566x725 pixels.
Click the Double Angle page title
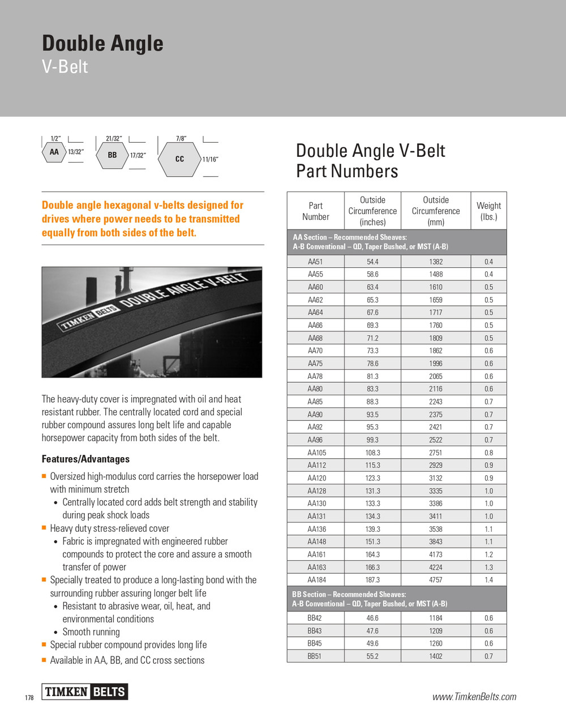[x=102, y=44]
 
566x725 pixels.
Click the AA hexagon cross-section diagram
[x=54, y=152]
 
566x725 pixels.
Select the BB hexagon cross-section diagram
[x=112, y=155]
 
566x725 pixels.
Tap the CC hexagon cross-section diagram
[x=179, y=159]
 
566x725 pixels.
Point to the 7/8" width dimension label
[x=181, y=138]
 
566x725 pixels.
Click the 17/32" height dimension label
[x=138, y=155]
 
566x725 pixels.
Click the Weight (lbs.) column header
[x=488, y=211]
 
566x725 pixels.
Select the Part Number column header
[x=315, y=211]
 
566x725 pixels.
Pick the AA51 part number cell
[x=315, y=262]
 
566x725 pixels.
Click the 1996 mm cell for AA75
[x=436, y=364]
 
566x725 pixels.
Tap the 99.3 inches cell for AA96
[x=372, y=440]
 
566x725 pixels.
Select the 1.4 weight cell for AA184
[x=488, y=580]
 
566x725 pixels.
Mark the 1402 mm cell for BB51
[x=436, y=656]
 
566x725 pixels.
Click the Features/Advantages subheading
[x=85, y=459]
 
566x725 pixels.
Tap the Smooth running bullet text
[x=91, y=632]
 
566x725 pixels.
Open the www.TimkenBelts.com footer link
[x=474, y=697]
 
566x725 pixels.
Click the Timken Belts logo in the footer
[x=85, y=692]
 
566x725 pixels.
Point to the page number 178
[x=29, y=697]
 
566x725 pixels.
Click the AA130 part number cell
[x=315, y=504]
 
